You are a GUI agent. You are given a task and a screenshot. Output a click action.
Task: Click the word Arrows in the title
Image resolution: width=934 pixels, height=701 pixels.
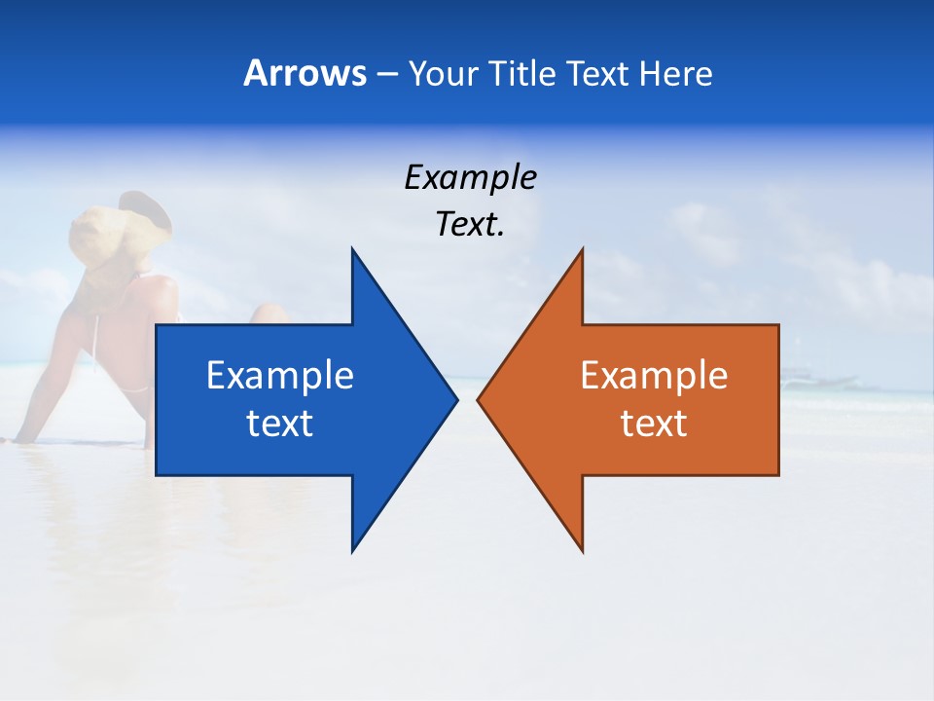305,73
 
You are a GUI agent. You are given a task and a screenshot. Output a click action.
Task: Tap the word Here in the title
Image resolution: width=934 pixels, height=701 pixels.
675,73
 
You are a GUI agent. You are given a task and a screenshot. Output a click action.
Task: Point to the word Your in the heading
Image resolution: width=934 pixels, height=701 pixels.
444,74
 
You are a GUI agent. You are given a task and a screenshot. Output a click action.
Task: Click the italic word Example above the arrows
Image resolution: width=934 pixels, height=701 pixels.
470,178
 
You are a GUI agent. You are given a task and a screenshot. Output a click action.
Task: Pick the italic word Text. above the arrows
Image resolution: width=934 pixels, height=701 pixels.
470,225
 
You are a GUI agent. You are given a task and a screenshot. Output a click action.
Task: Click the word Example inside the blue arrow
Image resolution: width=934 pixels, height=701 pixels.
280,376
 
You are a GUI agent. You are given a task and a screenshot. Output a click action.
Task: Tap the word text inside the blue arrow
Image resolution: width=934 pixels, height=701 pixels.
280,424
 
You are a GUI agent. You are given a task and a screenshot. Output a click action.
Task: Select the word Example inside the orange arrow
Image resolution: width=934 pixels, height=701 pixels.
654,376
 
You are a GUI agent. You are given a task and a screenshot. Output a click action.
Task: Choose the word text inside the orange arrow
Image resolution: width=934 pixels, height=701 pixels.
654,424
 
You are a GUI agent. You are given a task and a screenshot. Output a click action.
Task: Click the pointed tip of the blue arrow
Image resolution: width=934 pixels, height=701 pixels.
456,399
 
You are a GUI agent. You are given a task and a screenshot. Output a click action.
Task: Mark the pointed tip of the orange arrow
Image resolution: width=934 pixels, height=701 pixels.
479,399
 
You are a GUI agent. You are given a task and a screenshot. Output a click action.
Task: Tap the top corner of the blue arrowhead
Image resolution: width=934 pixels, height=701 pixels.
352,249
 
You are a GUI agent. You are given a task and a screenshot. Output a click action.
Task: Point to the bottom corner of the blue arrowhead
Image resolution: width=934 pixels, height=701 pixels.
352,551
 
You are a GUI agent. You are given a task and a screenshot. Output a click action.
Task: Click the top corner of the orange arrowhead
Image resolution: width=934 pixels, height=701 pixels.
582,249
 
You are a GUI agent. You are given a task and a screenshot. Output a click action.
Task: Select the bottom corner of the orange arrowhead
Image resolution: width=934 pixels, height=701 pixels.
582,551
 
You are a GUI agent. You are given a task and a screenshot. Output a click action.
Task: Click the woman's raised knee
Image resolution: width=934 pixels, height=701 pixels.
267,314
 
